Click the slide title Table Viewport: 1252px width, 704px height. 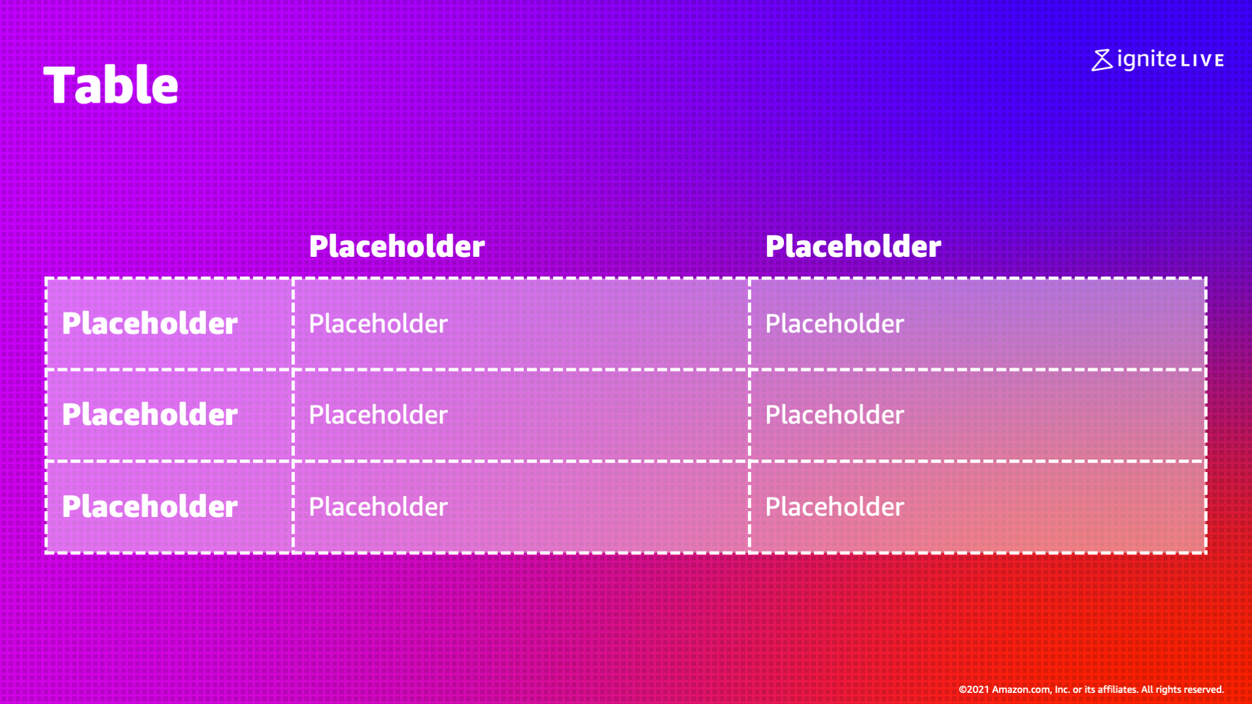[x=110, y=85]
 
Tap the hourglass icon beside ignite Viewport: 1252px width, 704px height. [x=1102, y=60]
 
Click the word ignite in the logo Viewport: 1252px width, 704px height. [x=1147, y=59]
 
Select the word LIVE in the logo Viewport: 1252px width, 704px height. [x=1202, y=61]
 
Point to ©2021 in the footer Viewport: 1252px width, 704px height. [x=973, y=690]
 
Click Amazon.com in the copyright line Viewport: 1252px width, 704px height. [x=1021, y=690]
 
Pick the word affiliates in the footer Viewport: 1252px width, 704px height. [x=1117, y=690]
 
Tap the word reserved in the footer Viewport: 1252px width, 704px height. [x=1203, y=690]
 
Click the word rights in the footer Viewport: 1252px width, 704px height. [x=1167, y=690]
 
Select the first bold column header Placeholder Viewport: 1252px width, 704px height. [x=397, y=246]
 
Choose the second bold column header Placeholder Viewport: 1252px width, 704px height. [x=853, y=246]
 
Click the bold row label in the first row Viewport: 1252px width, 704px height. [x=150, y=324]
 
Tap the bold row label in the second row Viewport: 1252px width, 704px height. [x=150, y=414]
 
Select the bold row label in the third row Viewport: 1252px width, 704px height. [x=150, y=507]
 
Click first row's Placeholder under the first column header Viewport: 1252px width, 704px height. [x=378, y=324]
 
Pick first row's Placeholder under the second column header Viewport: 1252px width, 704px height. [x=834, y=324]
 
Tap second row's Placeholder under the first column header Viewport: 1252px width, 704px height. [x=378, y=414]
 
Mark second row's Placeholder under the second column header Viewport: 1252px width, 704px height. [x=834, y=414]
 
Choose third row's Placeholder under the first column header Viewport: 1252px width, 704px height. [x=378, y=507]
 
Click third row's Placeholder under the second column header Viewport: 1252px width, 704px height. [x=834, y=507]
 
